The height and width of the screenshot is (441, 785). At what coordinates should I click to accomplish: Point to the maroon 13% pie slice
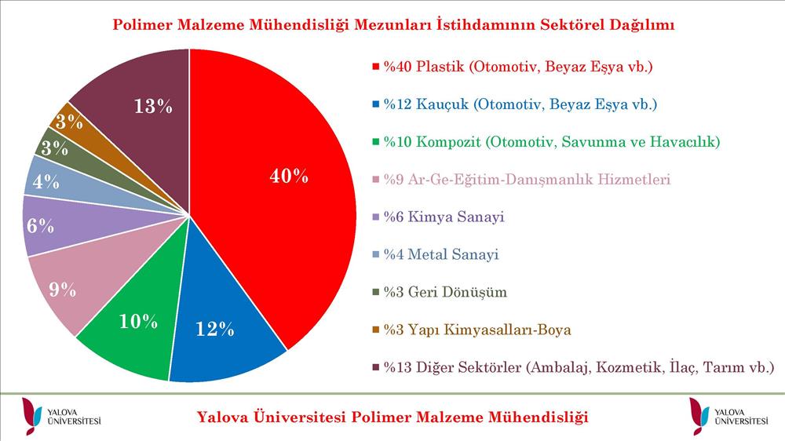pos(145,105)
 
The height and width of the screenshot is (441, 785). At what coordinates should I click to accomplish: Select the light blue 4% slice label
pos(46,181)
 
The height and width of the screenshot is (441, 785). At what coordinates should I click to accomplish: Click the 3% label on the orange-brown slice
pos(69,122)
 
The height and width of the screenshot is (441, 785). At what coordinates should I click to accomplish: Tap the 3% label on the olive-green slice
pos(55,148)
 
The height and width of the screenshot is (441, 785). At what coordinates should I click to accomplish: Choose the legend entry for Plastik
pos(513,67)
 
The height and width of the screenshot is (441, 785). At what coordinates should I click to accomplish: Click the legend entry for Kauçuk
pos(515,104)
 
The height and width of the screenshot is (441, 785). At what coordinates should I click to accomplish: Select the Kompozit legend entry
pos(546,142)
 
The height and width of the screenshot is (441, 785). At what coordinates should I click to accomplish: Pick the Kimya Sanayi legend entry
pos(439,217)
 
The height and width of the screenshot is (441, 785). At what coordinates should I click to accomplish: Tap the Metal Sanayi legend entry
pos(436,254)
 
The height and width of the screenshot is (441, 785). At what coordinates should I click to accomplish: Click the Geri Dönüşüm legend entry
pos(440,292)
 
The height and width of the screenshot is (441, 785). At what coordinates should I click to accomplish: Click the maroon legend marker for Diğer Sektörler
pos(375,368)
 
